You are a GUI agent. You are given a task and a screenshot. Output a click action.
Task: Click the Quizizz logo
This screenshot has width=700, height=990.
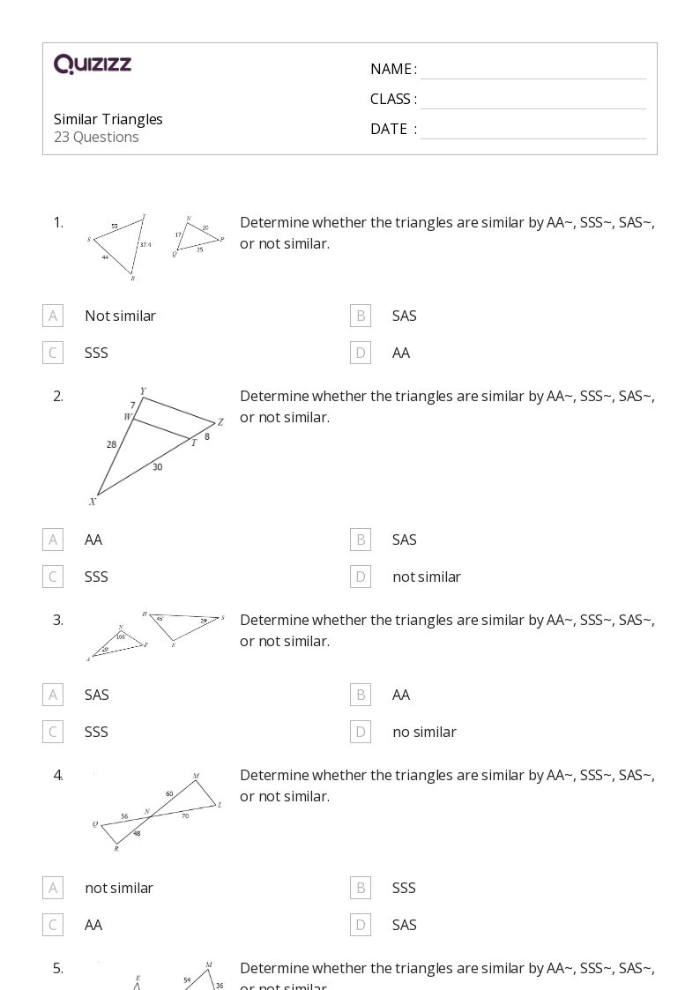(x=93, y=64)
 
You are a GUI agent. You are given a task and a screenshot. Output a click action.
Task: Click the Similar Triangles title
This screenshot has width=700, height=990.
(x=108, y=119)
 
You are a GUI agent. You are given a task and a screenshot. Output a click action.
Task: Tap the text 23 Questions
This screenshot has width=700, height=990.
(x=96, y=137)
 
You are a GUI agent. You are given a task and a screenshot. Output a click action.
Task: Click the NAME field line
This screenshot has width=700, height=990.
(x=532, y=71)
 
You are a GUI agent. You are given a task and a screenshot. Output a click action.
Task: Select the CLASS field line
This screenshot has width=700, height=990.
(x=532, y=100)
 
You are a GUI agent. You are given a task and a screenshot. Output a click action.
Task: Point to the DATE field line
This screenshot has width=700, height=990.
(x=532, y=130)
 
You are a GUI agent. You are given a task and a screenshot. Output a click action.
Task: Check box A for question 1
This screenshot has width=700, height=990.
(x=53, y=316)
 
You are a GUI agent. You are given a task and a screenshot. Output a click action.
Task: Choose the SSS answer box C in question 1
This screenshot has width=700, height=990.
(x=53, y=353)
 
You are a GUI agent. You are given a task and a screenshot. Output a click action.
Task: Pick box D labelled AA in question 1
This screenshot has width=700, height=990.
(x=361, y=353)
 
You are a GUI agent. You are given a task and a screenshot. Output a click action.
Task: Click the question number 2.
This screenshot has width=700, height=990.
(x=58, y=396)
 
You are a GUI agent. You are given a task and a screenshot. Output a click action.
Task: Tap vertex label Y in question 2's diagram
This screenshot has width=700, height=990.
(x=143, y=391)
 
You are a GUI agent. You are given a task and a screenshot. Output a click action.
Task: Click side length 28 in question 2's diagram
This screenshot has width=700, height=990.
(x=112, y=444)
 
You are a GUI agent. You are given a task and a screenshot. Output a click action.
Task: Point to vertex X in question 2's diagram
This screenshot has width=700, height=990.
(x=92, y=502)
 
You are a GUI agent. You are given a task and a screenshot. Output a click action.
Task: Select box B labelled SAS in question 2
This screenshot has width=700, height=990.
(x=361, y=540)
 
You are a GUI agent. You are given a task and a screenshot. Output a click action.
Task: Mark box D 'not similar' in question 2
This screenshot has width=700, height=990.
(x=361, y=577)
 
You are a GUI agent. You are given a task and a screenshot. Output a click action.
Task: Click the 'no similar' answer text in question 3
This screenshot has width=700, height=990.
(x=424, y=732)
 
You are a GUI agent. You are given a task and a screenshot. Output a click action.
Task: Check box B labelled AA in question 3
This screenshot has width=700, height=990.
(x=361, y=695)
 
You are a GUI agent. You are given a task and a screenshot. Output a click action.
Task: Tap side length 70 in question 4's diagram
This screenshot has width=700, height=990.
(x=185, y=816)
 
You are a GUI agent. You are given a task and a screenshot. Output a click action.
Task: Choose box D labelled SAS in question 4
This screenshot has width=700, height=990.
(x=361, y=925)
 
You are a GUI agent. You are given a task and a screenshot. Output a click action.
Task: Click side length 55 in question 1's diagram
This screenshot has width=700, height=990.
(x=115, y=227)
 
